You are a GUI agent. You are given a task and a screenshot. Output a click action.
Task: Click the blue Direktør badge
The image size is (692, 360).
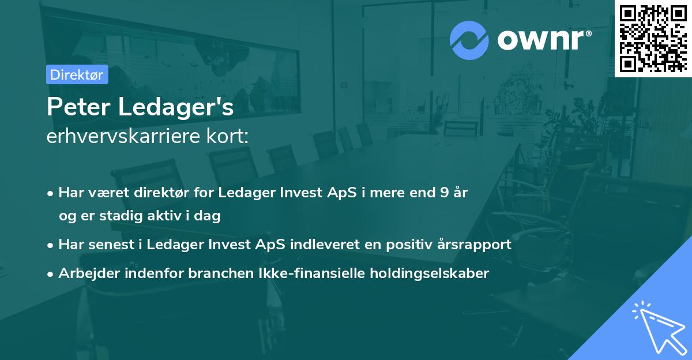[x=77, y=74]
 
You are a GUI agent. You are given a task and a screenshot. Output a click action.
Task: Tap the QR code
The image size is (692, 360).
[x=653, y=38]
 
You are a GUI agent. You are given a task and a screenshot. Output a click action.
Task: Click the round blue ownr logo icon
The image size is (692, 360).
[x=469, y=40]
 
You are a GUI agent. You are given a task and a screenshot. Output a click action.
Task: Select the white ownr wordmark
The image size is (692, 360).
[x=544, y=40]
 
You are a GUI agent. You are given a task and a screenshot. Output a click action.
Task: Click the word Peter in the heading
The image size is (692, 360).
[x=78, y=107]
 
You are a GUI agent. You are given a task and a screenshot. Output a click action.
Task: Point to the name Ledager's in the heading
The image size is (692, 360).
[x=176, y=107]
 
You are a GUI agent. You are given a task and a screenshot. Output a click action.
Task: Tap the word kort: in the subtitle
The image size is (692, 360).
[x=227, y=136]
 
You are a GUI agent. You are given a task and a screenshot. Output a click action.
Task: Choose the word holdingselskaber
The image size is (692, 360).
[x=430, y=273]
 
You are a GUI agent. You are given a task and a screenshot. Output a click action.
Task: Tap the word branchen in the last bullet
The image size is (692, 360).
[x=221, y=273]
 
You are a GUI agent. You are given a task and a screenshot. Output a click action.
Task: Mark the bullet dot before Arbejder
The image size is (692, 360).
[x=50, y=274]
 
